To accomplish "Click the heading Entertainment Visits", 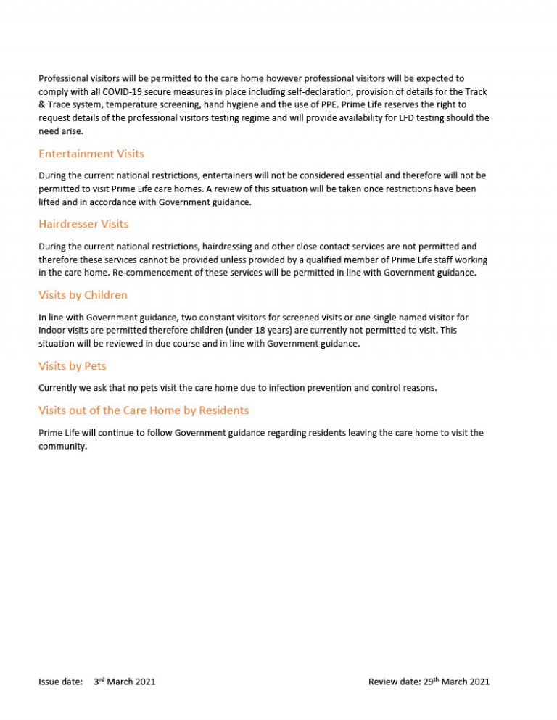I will tap(91, 154).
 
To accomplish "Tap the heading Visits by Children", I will tap(83, 295).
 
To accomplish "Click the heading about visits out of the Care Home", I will tap(144, 410).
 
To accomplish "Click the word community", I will tap(62, 446).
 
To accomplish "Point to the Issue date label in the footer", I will tap(59, 682).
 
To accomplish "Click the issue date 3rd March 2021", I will tap(124, 682).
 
